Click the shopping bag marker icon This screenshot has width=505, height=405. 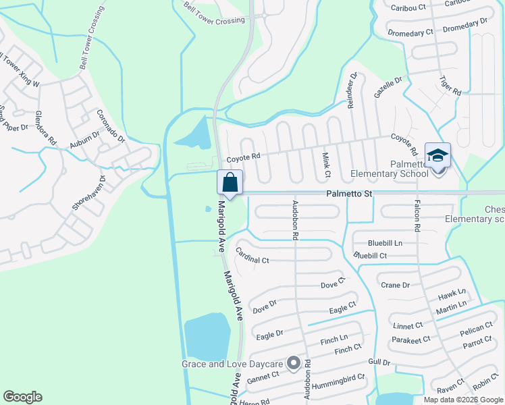[x=230, y=182]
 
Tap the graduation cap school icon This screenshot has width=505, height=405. [x=437, y=155]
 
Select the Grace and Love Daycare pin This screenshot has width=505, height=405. [x=294, y=364]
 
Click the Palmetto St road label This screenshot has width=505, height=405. [x=350, y=194]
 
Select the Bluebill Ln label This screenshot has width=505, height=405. [x=385, y=242]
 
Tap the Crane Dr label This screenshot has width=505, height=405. [x=396, y=285]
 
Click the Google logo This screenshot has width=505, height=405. [x=22, y=397]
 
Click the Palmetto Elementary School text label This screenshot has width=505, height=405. [x=390, y=169]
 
